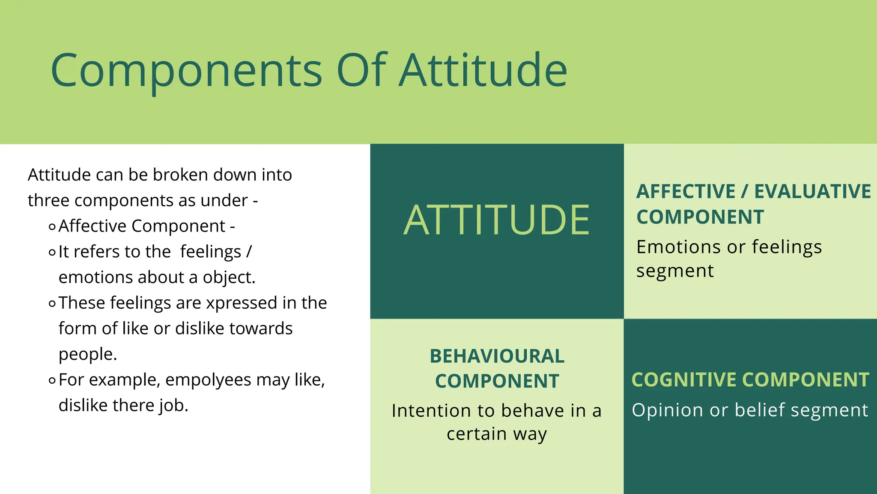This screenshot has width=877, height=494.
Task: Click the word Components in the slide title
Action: [x=186, y=71]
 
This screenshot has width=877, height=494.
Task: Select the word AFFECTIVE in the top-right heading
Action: [x=686, y=192]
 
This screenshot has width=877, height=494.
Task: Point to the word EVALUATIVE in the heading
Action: [x=812, y=192]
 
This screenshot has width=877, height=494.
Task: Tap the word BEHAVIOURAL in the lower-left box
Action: [x=497, y=356]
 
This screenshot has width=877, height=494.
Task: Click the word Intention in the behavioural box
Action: [x=431, y=411]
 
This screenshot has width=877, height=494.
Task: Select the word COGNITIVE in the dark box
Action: [x=684, y=380]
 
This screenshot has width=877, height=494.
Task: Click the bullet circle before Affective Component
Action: [x=52, y=227]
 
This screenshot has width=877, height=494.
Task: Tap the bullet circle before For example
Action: [x=52, y=380]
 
